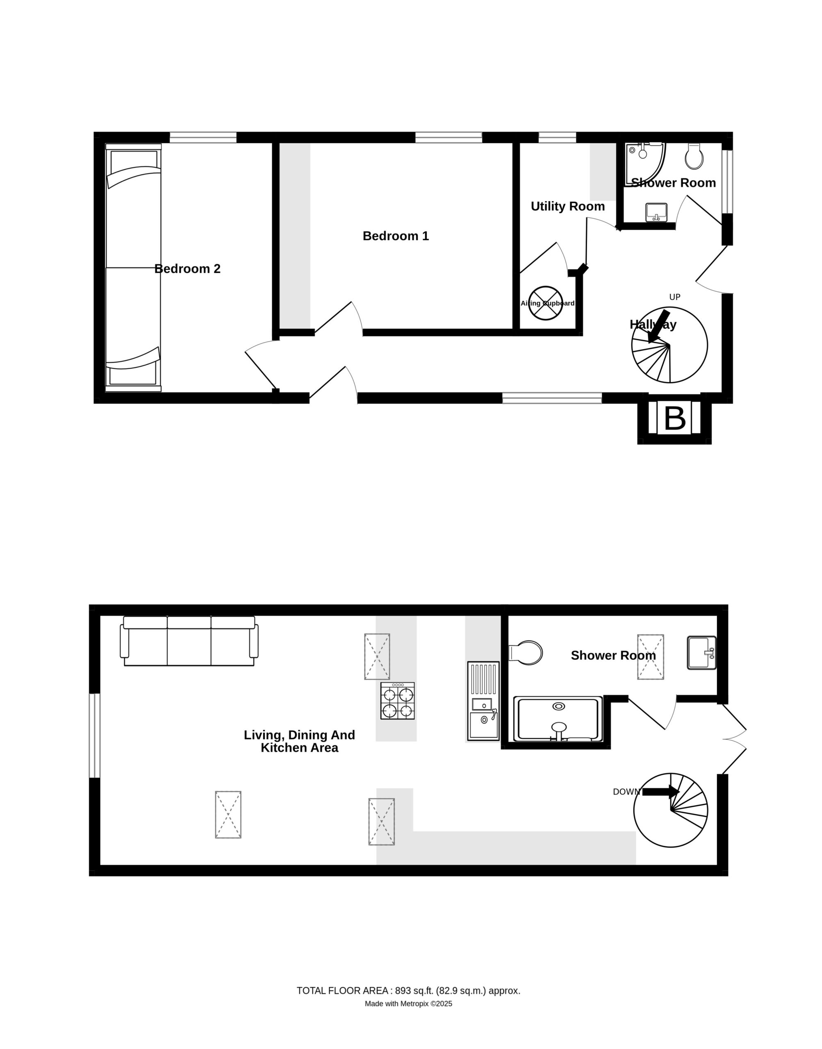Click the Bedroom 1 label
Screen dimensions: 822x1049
[x=396, y=236]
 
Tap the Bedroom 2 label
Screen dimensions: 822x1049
[x=187, y=269]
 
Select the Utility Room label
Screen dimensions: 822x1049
[x=567, y=207]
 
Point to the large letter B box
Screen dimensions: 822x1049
[x=674, y=418]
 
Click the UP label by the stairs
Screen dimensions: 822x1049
[x=675, y=297]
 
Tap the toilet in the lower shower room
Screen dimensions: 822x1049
[x=526, y=653]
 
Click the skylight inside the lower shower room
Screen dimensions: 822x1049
[x=651, y=656]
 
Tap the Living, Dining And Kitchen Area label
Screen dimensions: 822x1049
[x=299, y=741]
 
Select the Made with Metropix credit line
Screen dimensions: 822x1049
[x=409, y=1004]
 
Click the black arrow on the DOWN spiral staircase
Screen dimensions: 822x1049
[x=661, y=792]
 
